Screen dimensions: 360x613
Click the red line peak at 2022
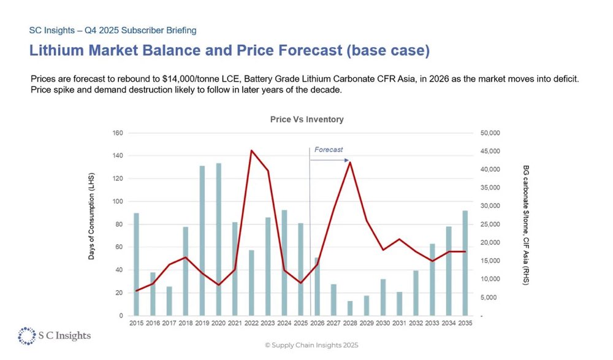251,150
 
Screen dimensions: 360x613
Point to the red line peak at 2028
350,162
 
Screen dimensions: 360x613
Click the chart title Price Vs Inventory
306,119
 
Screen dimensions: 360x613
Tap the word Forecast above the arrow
329,150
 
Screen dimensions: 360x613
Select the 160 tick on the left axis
118,133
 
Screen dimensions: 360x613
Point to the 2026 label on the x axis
317,323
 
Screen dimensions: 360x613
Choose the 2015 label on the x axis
136,323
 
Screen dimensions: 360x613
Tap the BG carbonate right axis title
526,224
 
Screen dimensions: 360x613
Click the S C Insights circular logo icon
26,335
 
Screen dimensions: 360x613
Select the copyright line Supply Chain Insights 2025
311,345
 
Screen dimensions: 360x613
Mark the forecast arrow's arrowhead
346,159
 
